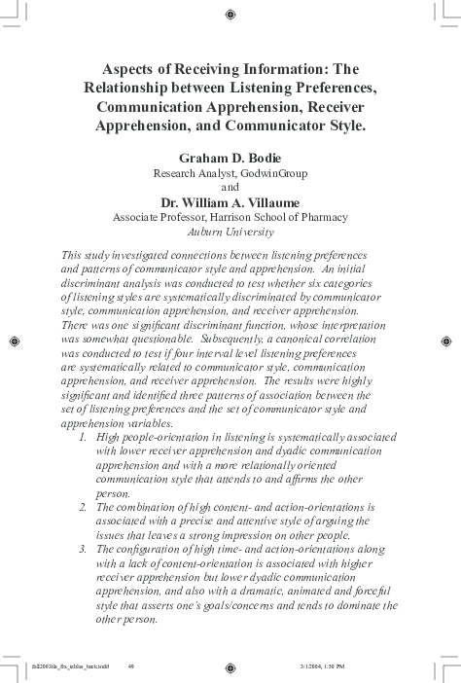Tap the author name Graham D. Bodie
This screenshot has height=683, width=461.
click(x=230, y=157)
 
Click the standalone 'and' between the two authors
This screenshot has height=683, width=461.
click(x=230, y=187)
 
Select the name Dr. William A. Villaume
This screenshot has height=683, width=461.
click(x=230, y=202)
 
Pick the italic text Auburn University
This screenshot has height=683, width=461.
click(x=230, y=233)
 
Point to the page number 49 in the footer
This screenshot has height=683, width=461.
click(x=131, y=667)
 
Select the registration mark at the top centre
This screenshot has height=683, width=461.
click(x=230, y=15)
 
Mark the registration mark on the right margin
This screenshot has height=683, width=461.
click(x=445, y=341)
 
